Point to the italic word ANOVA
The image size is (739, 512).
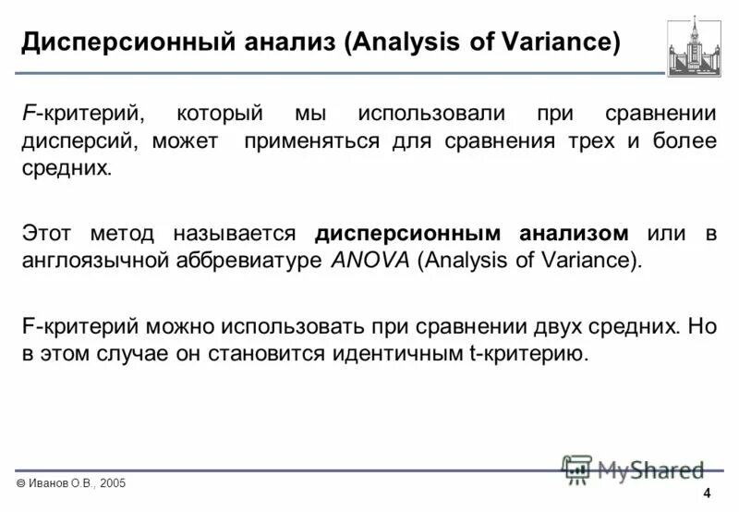[370, 260]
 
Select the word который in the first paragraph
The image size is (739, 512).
[221, 115]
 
